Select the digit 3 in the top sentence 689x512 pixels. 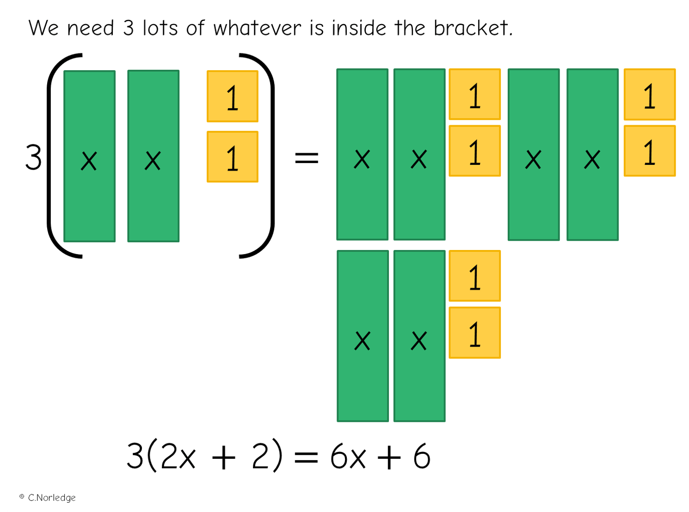pos(128,28)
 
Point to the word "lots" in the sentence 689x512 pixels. pos(160,28)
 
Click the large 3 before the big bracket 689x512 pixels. pos(33,158)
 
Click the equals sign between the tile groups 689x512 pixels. pos(307,158)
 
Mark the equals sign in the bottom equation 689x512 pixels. pos(306,457)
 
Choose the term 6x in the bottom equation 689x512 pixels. pos(348,457)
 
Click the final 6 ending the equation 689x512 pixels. pos(422,457)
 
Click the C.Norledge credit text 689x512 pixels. pos(52,498)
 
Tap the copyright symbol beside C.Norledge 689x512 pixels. pos(22,497)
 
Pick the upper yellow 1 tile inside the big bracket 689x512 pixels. pos(233,96)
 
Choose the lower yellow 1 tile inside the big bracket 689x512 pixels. pos(233,157)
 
